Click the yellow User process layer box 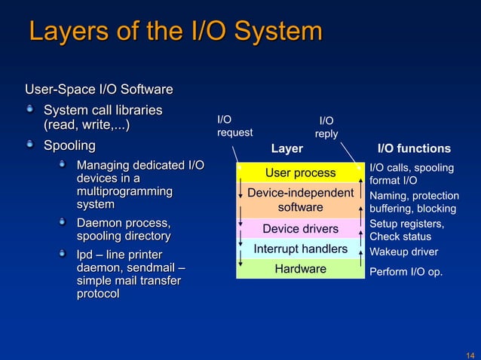(300, 173)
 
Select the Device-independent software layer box (300, 200)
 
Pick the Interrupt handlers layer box (300, 249)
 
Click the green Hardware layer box (300, 269)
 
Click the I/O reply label (326, 127)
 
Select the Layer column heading (286, 149)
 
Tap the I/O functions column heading (413, 149)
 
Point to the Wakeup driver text (403, 252)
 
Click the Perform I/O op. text (406, 272)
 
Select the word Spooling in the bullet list (70, 145)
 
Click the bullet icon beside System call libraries (30, 110)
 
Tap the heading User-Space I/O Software (100, 90)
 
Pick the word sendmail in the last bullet (152, 267)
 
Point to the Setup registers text (407, 224)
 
